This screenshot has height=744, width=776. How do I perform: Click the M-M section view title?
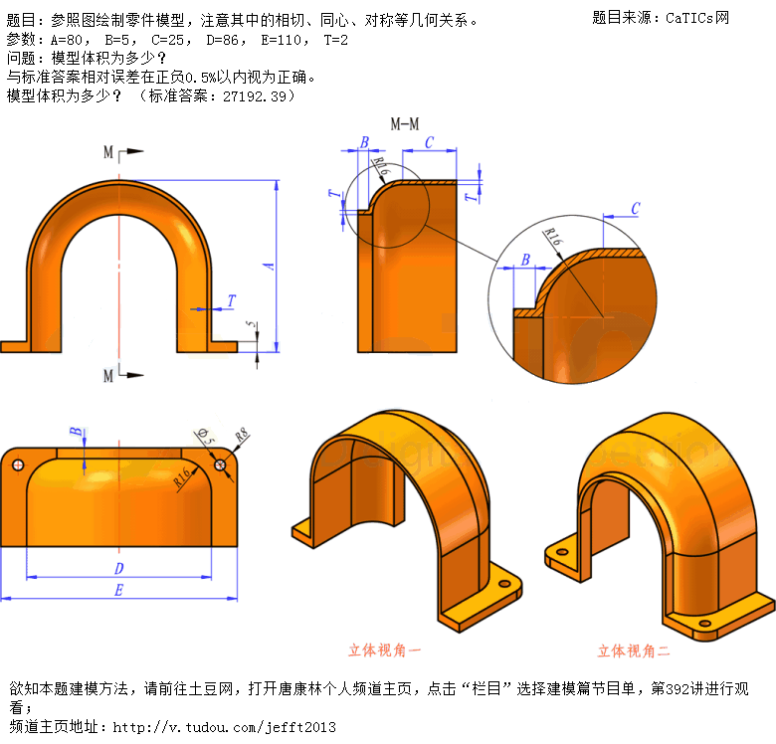pyautogui.click(x=404, y=124)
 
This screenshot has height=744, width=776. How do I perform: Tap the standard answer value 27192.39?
pyautogui.click(x=255, y=95)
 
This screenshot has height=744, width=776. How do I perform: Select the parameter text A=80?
pyautogui.click(x=67, y=40)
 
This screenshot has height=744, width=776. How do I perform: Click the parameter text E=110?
pyautogui.click(x=281, y=40)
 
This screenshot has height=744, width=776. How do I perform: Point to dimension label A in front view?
pyautogui.click(x=269, y=267)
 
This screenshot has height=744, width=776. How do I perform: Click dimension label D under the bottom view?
pyautogui.click(x=118, y=568)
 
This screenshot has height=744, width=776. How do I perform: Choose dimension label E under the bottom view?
pyautogui.click(x=118, y=590)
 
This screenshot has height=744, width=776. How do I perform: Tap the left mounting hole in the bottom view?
pyautogui.click(x=18, y=465)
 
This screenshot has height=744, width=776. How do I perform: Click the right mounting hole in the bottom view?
pyautogui.click(x=220, y=465)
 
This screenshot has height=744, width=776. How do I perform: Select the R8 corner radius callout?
pyautogui.click(x=242, y=435)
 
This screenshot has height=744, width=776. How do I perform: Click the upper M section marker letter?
pyautogui.click(x=108, y=152)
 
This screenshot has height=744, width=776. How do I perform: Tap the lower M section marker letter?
pyautogui.click(x=108, y=376)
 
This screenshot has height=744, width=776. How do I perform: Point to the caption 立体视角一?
pyautogui.click(x=385, y=651)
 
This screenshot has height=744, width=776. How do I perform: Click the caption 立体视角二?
pyautogui.click(x=634, y=651)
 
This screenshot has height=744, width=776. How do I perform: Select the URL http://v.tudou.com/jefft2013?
pyautogui.click(x=224, y=727)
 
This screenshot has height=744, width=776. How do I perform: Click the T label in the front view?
pyautogui.click(x=231, y=300)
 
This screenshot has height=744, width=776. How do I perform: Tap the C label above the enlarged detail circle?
pyautogui.click(x=636, y=208)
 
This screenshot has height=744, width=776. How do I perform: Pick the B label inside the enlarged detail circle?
pyautogui.click(x=525, y=260)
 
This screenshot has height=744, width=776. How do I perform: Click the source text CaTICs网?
pyautogui.click(x=697, y=18)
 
